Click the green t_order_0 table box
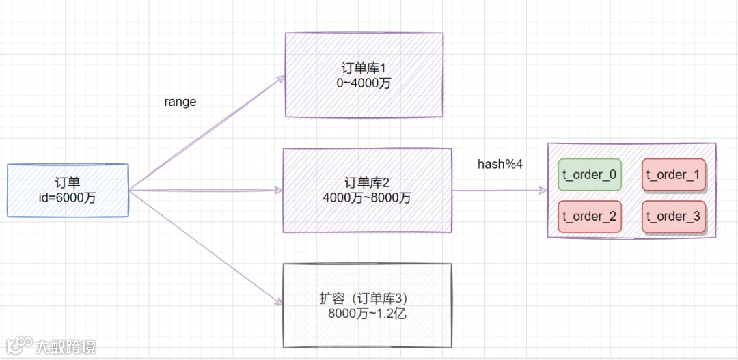589,175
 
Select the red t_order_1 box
673,175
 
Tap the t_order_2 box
589,217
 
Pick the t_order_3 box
673,217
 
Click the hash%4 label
500,165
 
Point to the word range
180,102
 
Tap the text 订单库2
368,182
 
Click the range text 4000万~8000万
368,197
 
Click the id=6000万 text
68,197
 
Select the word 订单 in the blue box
68,182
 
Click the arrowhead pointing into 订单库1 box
280,78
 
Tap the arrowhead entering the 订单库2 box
279,190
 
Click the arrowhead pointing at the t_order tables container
543,190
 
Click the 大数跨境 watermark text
66,346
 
